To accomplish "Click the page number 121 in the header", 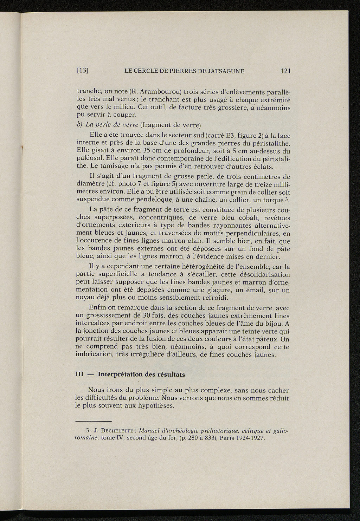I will [x=285, y=71].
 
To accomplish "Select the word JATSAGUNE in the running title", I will [x=222, y=71].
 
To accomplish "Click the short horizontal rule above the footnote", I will [x=94, y=421].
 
